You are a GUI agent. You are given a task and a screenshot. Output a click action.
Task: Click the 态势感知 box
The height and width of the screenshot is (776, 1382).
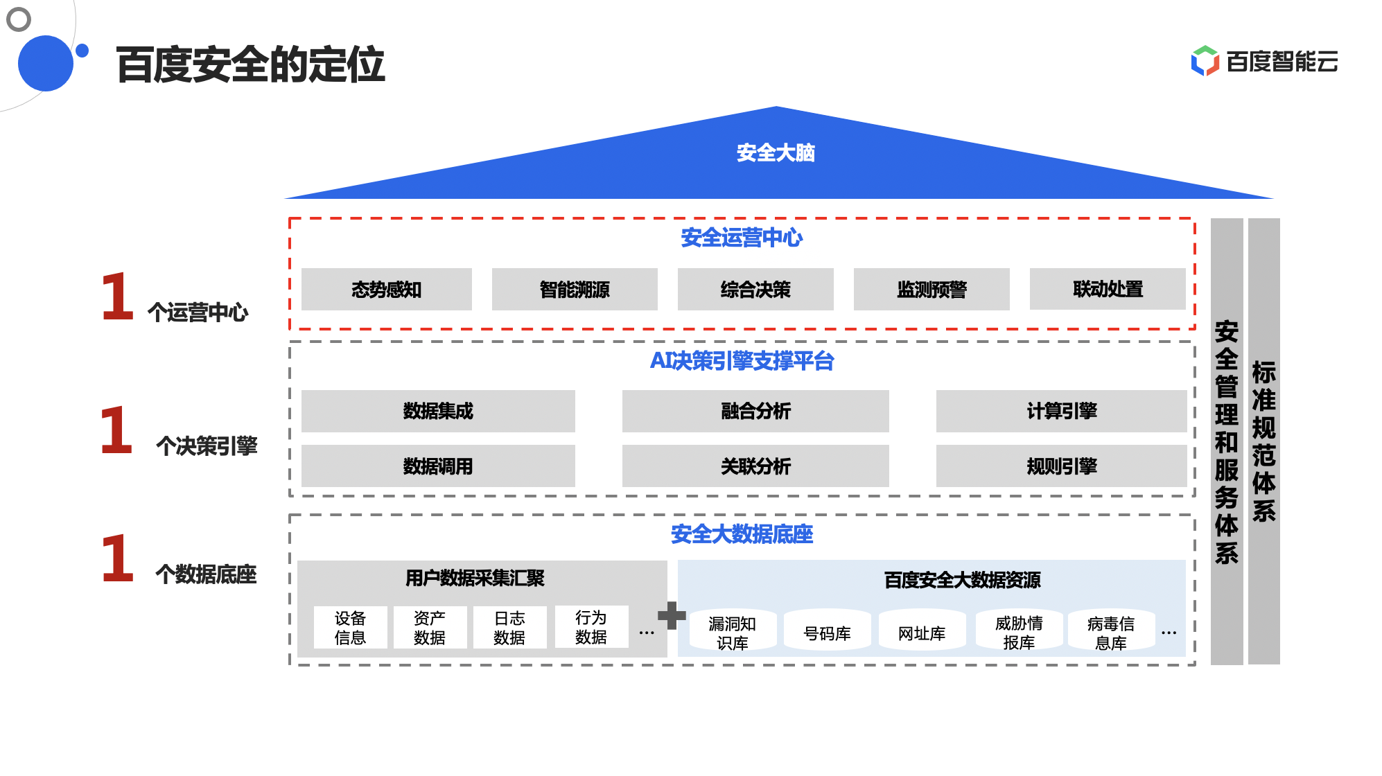coord(386,289)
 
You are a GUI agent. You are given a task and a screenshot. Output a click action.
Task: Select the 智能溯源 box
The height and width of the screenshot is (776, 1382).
coord(575,289)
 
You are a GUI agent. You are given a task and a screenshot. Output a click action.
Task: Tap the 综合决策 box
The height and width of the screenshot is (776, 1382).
coord(755,289)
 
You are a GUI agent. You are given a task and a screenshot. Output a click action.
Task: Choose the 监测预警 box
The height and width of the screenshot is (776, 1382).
coord(931,289)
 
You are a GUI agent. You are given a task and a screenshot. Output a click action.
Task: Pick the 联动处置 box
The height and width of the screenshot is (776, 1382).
coord(1108,289)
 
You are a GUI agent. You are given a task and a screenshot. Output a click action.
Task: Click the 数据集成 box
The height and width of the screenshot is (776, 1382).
coord(438,411)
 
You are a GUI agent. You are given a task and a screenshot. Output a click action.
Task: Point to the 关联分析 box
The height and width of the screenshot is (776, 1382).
coord(755,466)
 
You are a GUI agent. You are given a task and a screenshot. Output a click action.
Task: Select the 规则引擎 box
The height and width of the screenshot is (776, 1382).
coord(1062,466)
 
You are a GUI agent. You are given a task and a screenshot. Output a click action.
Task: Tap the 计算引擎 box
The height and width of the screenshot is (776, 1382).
coord(1062,411)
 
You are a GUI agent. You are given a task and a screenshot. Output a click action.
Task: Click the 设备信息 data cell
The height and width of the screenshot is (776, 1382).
coord(350,628)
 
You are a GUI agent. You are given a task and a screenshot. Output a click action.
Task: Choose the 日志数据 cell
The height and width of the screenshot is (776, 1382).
coord(509,628)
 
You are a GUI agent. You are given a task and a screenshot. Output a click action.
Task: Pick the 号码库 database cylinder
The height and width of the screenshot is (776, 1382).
coord(827,632)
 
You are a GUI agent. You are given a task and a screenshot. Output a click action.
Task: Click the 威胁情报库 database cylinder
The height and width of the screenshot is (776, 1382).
coord(1019,632)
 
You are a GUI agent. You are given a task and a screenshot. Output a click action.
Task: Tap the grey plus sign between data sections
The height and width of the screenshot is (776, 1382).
coord(672,615)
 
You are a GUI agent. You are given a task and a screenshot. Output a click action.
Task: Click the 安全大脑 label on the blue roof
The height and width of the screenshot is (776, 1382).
coord(776,152)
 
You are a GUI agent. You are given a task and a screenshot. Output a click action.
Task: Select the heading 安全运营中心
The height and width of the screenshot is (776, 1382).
coord(742,238)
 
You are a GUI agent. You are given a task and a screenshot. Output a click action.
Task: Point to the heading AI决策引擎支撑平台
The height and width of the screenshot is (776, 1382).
coord(742,361)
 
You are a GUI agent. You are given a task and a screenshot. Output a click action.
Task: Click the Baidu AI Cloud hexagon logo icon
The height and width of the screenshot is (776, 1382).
coord(1205,61)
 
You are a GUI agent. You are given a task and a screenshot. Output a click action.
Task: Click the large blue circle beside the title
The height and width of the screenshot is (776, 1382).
coord(46,63)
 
